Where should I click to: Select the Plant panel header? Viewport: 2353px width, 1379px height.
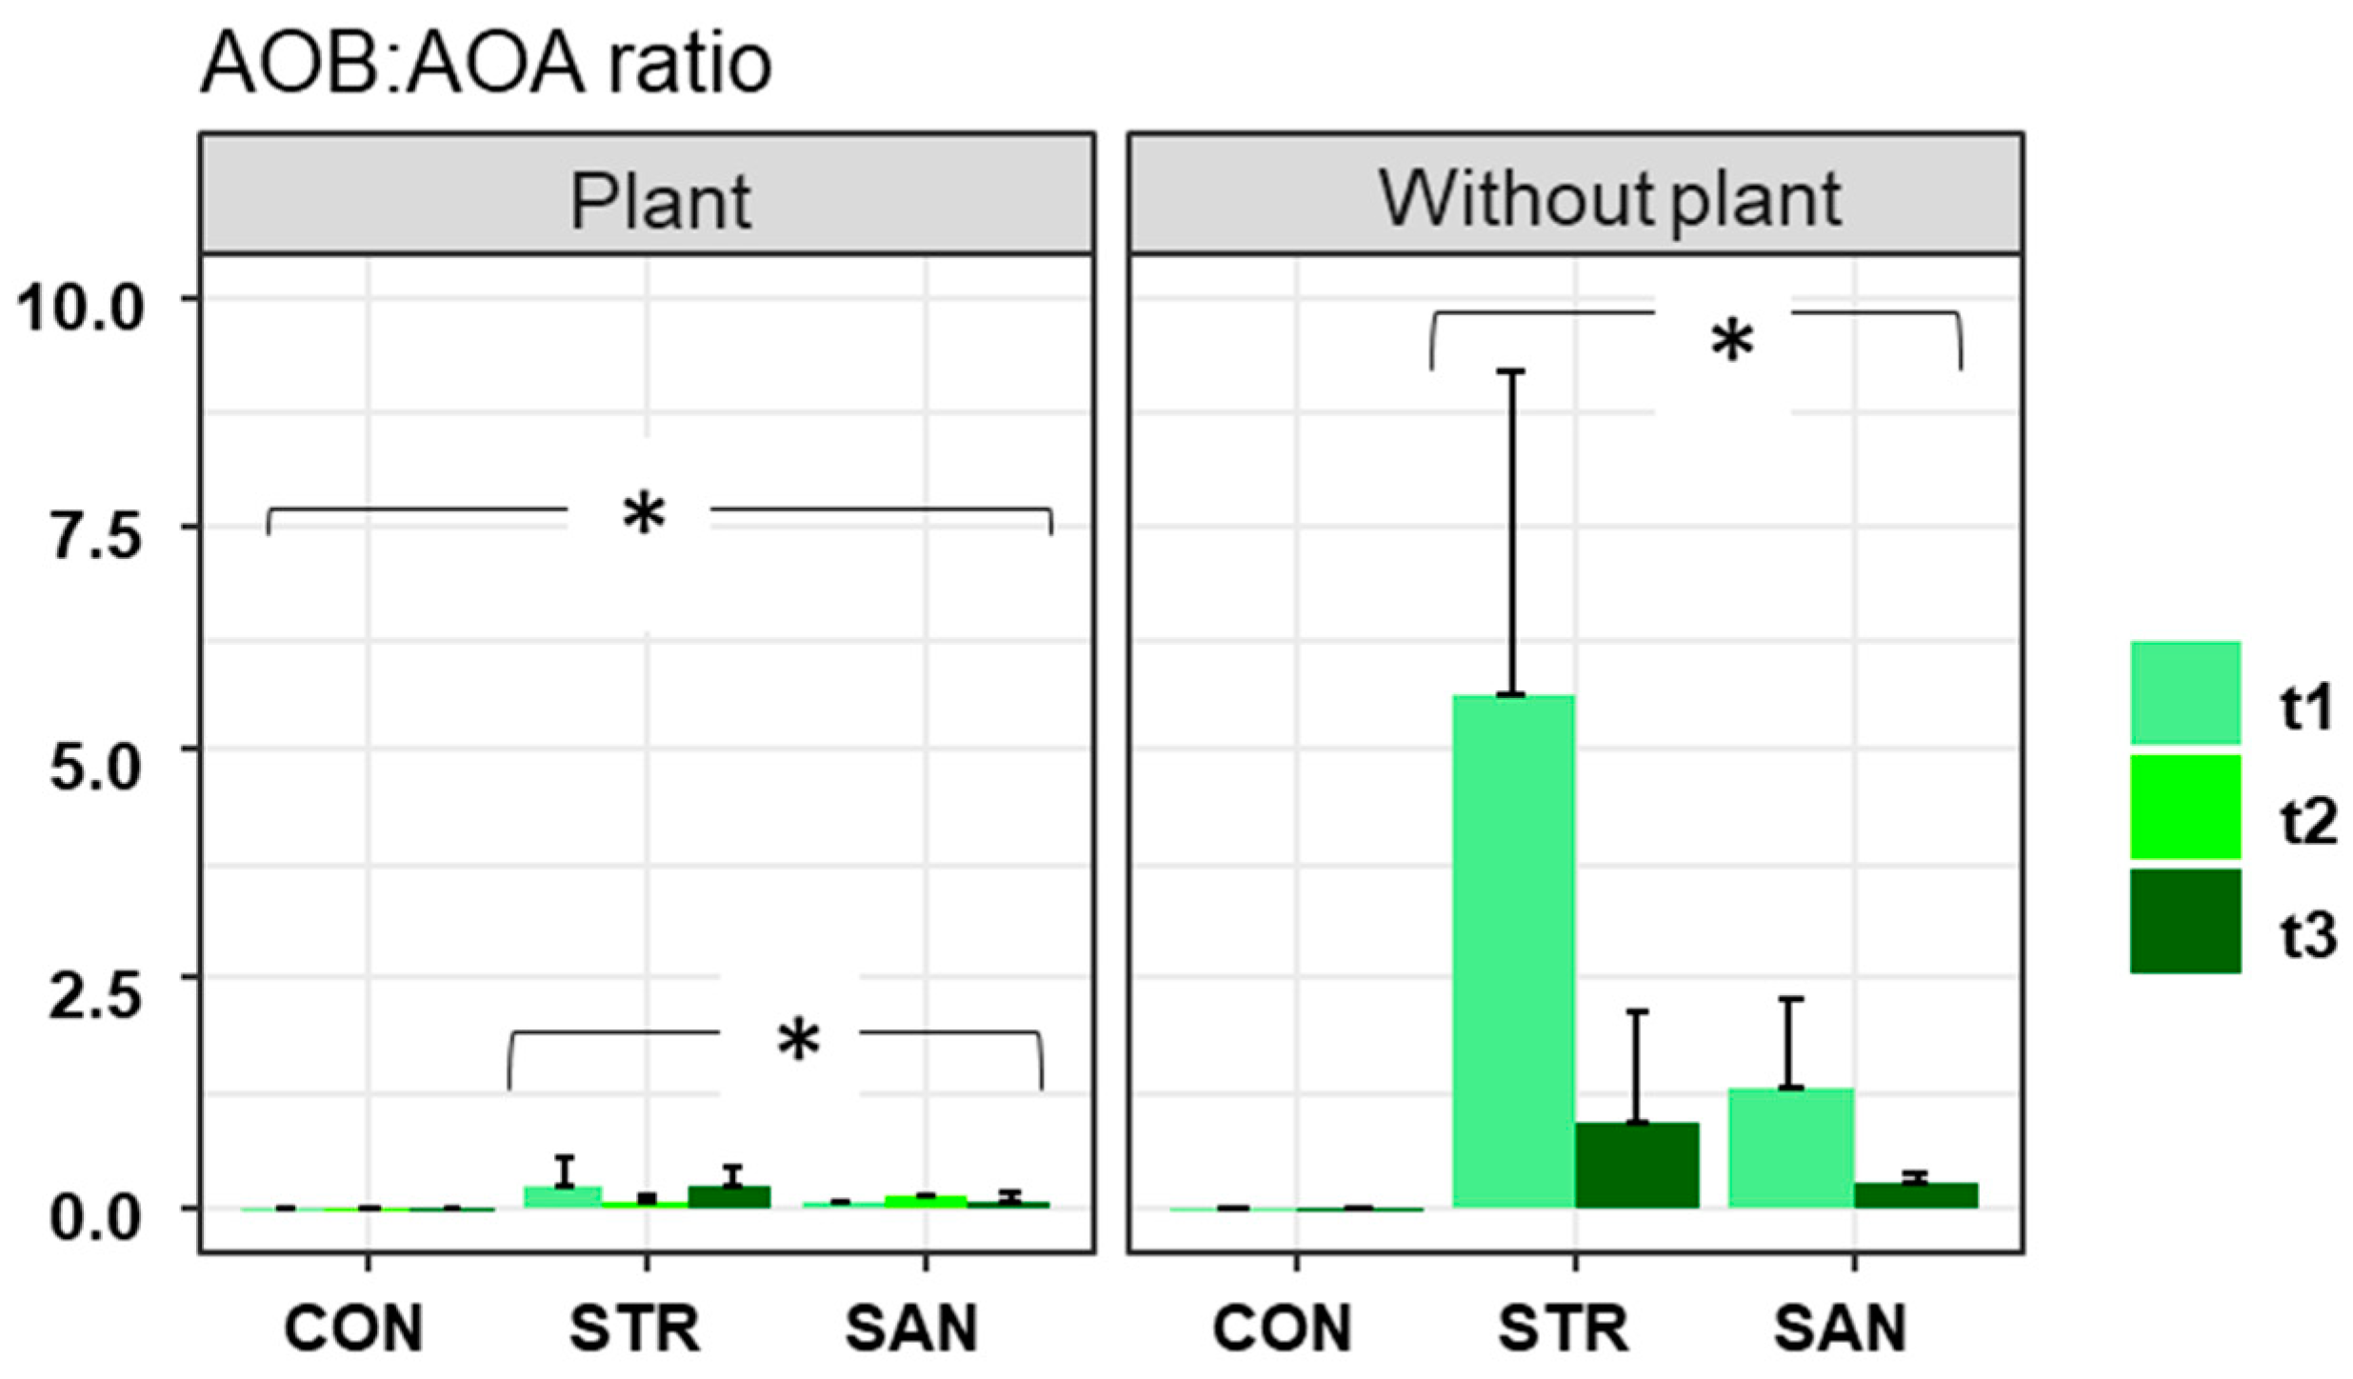[660, 201]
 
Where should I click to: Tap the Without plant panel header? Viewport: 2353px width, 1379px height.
[1609, 200]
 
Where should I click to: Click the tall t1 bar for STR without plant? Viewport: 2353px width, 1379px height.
[1513, 952]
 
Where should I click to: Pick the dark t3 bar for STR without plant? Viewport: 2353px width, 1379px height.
[1637, 1166]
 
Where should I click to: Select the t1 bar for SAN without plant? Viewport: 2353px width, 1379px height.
[1791, 1148]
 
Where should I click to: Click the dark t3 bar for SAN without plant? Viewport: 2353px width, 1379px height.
[1916, 1196]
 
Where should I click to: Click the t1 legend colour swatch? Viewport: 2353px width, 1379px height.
[2184, 692]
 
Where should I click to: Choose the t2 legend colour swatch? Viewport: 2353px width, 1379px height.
[2184, 807]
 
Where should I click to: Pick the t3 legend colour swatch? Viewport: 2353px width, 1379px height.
[2184, 921]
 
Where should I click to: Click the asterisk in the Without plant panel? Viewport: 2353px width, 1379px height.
[1731, 343]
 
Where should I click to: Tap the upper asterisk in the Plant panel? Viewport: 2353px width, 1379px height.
[643, 516]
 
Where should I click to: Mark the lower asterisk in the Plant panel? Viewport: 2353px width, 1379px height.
[797, 1041]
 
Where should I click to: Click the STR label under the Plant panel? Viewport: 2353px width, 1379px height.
[634, 1328]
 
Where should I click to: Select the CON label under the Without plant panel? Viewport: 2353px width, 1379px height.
[1282, 1328]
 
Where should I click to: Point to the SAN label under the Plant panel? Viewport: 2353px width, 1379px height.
[911, 1328]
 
